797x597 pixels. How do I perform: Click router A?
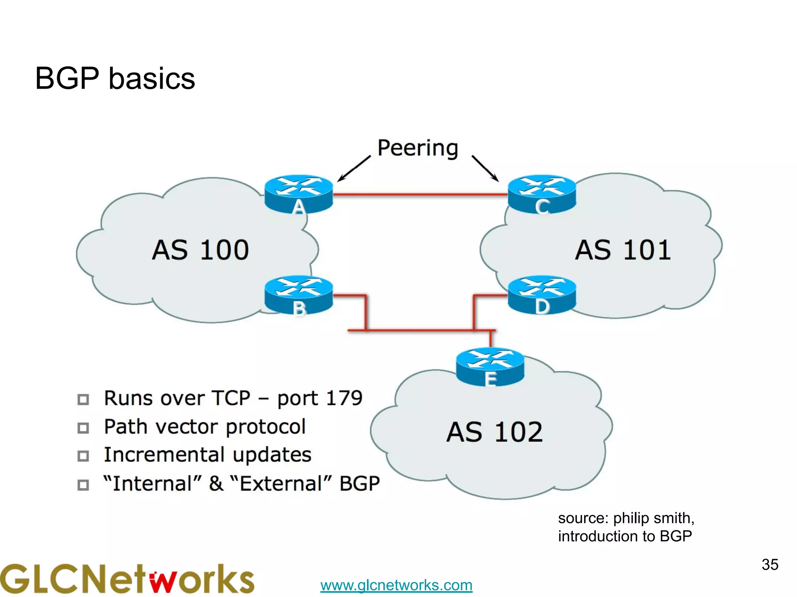tap(298, 193)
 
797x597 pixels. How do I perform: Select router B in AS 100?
tap(298, 295)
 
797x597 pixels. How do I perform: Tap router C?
tap(542, 193)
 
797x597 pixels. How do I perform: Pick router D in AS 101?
tap(542, 295)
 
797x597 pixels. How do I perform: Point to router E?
tap(490, 366)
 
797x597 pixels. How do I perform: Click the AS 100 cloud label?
tap(200, 250)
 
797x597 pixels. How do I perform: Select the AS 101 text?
tap(623, 250)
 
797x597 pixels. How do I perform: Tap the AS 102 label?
tap(494, 432)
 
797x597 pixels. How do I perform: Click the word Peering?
tap(418, 148)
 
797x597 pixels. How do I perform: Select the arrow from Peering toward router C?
tap(485, 169)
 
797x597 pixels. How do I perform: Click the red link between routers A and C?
tap(420, 194)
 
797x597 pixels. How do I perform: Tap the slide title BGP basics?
tap(115, 78)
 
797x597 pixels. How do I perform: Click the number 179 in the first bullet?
tap(344, 398)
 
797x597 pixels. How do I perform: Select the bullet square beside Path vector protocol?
tap(83, 428)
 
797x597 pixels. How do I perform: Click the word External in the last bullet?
tap(280, 484)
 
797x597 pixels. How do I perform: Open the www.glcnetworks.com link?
tap(396, 585)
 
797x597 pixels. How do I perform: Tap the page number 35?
tap(770, 564)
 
